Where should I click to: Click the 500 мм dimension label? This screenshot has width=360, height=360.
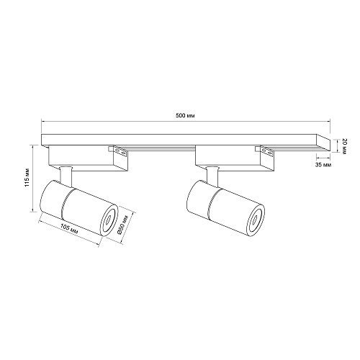pos(185,116)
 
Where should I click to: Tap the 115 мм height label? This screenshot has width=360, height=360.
pos(27,177)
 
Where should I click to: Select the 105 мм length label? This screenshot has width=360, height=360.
pos(69,229)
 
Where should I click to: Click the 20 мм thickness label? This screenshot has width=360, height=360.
pos(343,146)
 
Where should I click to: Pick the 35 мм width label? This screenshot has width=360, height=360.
pos(323,165)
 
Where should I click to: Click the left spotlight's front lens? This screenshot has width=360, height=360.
pos(109,219)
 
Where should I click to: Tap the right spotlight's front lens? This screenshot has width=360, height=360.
pos(256,220)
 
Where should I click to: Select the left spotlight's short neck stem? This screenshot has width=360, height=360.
pos(66,176)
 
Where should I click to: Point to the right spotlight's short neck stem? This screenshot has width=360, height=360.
pos(212,176)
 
